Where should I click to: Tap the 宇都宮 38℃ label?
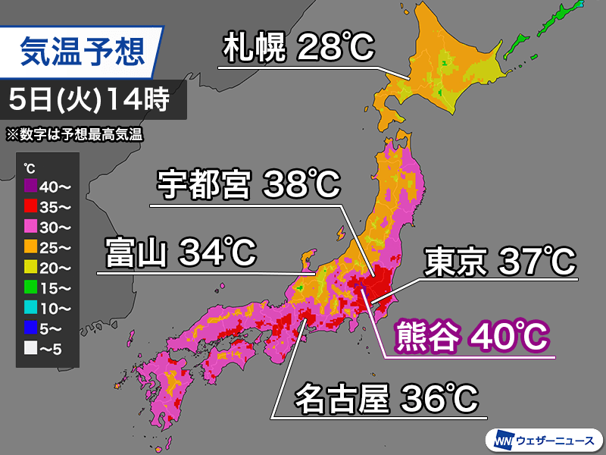point(248,184)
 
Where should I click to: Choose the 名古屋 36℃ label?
point(386,398)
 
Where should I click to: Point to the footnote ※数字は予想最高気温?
point(74,135)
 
